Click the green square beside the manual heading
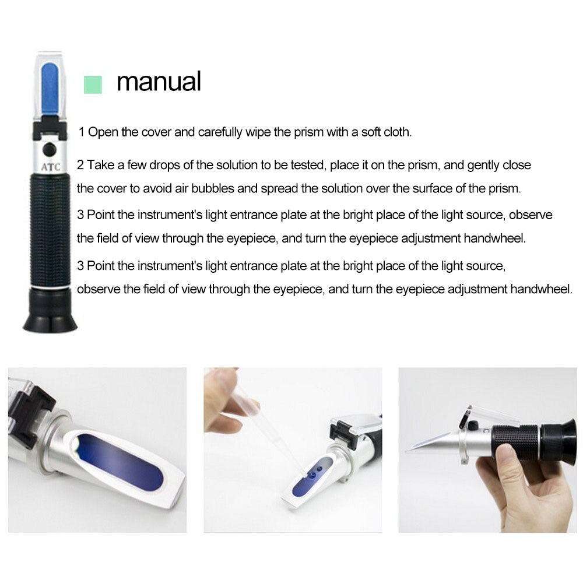click(x=93, y=85)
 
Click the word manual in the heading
click(x=159, y=81)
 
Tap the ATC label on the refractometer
click(x=51, y=167)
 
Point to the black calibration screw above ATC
click(x=50, y=149)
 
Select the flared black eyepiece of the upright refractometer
click(x=50, y=310)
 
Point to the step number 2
click(x=80, y=165)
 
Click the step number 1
click(x=82, y=132)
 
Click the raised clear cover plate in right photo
click(x=490, y=415)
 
